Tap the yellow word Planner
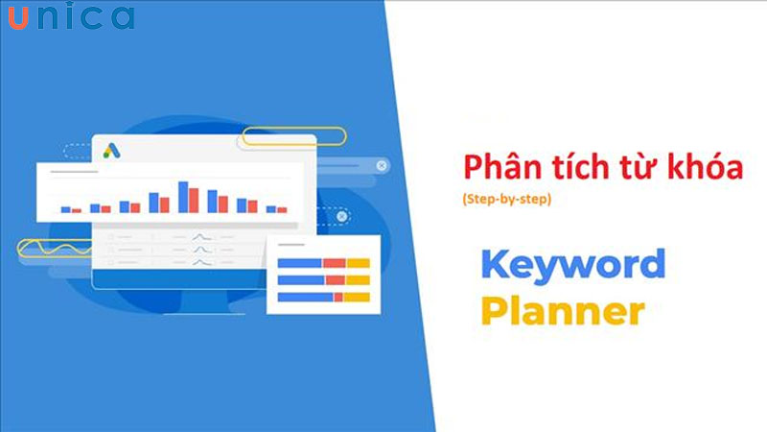(x=563, y=311)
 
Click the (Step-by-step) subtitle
(x=504, y=200)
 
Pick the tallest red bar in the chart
(x=194, y=201)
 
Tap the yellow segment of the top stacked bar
(x=359, y=263)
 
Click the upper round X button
(x=382, y=166)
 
